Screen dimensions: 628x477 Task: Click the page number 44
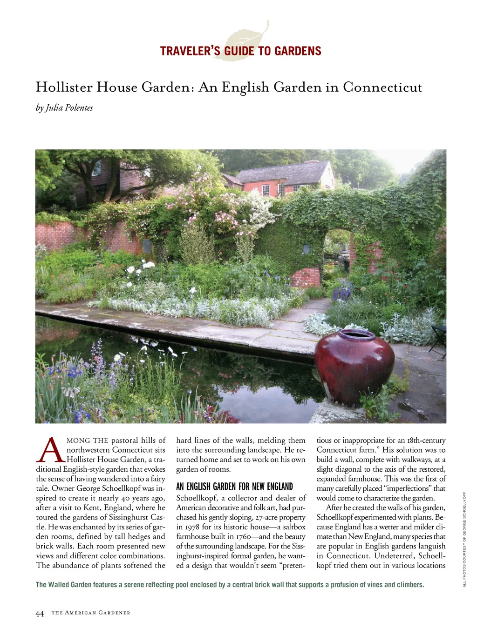click(x=40, y=613)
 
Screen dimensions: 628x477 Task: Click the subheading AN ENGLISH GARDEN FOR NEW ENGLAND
click(x=234, y=487)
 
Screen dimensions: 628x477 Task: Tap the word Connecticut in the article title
click(x=382, y=87)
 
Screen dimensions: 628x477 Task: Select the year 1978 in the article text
click(x=192, y=527)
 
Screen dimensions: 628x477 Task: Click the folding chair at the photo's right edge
click(x=439, y=337)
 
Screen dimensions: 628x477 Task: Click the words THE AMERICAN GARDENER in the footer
click(x=91, y=613)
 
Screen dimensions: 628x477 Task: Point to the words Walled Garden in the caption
click(x=69, y=585)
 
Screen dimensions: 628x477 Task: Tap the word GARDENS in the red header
click(x=298, y=51)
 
